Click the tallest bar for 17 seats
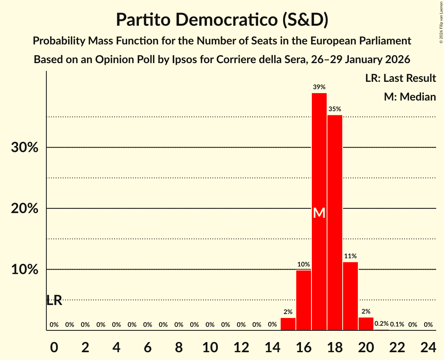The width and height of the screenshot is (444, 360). coord(319,156)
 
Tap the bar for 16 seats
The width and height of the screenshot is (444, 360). coord(304,300)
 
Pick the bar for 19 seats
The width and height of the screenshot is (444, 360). coord(350,296)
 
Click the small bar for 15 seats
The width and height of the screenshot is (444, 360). coord(288,324)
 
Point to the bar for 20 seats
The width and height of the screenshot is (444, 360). coord(366,324)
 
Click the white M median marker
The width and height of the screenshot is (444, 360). coord(319,213)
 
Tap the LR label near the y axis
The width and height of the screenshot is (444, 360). coord(54,300)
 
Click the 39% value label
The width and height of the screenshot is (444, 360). coord(319,87)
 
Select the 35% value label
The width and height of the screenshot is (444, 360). coord(335,109)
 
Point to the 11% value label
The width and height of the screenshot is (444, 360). coord(350,256)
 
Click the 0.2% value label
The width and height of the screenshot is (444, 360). coord(382,324)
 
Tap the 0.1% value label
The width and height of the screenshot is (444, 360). coord(397,325)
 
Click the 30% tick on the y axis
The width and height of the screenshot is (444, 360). coord(25,148)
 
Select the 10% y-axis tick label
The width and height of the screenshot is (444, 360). coord(25,270)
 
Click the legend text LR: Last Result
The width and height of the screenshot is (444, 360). coord(400,78)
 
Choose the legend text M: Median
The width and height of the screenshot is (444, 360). coord(410,97)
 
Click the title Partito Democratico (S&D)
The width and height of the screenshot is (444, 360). coord(222,19)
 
